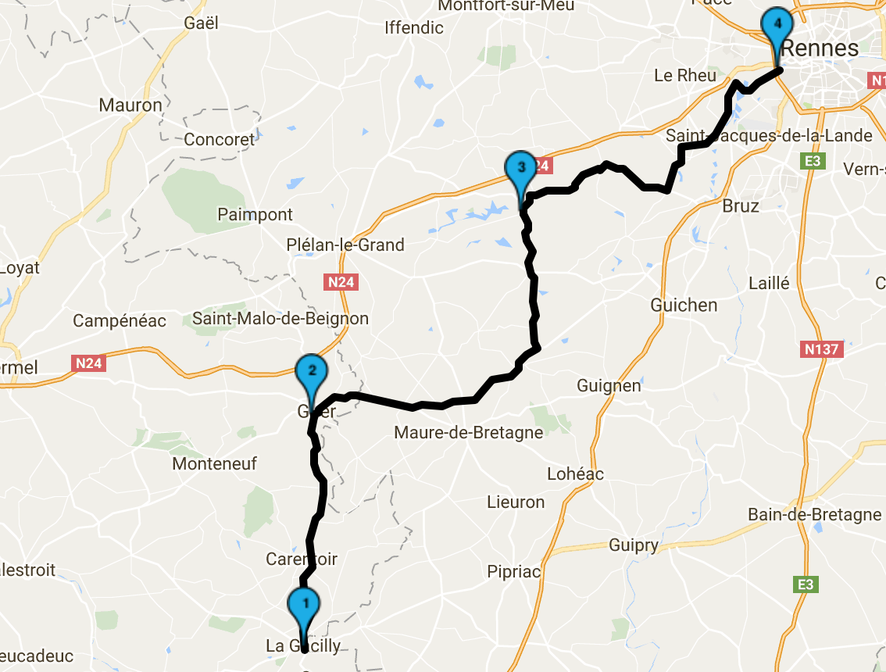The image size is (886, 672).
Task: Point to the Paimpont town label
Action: pyautogui.click(x=255, y=214)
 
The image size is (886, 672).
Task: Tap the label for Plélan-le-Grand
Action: pyautogui.click(x=345, y=245)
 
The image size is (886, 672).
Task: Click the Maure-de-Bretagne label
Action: pyautogui.click(x=468, y=432)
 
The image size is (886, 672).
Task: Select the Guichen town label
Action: pyautogui.click(x=684, y=305)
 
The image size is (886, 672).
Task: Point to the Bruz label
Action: pyautogui.click(x=741, y=206)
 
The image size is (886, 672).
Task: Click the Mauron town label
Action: pyautogui.click(x=130, y=105)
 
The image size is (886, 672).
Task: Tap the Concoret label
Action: pyautogui.click(x=220, y=140)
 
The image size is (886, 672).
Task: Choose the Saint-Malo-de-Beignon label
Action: pyautogui.click(x=280, y=319)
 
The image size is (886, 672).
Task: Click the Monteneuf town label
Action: pyautogui.click(x=214, y=464)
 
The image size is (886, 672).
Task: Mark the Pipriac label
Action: pyautogui.click(x=513, y=571)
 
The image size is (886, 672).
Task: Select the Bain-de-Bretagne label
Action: pyautogui.click(x=814, y=514)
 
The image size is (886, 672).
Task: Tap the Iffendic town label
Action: pyautogui.click(x=414, y=28)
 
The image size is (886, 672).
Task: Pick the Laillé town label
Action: pyautogui.click(x=769, y=283)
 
